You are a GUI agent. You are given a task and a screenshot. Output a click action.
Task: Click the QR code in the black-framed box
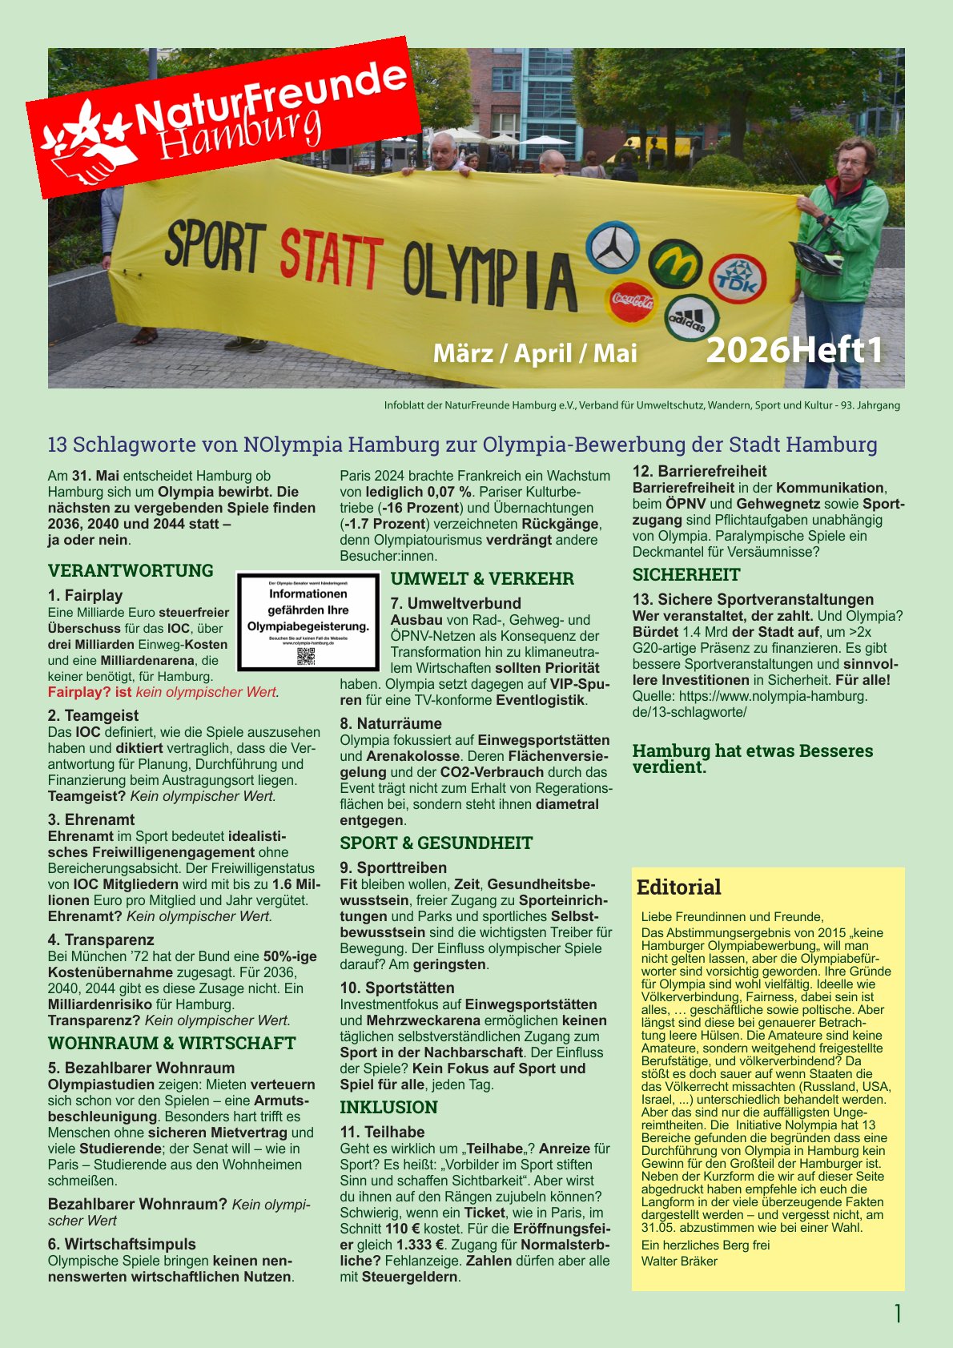coord(306,656)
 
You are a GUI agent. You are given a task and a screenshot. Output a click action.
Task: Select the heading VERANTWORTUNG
coord(131,570)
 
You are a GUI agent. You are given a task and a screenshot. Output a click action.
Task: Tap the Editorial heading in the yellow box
coord(678,887)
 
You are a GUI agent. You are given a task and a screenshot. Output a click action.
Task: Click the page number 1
coord(897,1314)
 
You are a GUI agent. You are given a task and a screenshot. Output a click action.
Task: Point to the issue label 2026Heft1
coord(794,350)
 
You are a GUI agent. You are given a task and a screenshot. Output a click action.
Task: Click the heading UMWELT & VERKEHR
coord(482,578)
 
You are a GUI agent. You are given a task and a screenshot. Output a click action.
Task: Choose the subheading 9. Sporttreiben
coord(393,867)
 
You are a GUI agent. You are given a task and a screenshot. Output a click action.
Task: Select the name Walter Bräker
coord(679,1261)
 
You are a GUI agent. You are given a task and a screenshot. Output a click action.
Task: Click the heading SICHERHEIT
coord(686,574)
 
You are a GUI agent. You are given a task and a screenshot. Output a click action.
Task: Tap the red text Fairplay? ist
coord(90,692)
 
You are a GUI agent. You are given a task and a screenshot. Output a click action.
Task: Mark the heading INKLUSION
coord(388,1107)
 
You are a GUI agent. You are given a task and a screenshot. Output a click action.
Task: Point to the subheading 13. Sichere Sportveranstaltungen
coord(753,599)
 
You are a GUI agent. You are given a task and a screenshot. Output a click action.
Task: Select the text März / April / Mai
coord(534,353)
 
